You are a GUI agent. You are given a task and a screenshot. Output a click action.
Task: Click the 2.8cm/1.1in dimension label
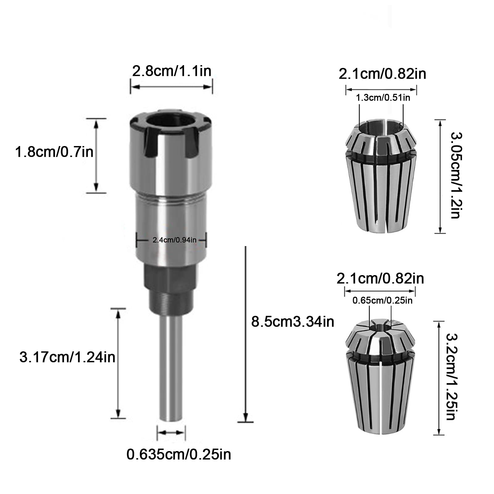(172, 71)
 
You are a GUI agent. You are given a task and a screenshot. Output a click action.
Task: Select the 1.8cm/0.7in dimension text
(54, 152)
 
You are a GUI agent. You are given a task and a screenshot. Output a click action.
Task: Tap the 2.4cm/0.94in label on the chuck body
(174, 240)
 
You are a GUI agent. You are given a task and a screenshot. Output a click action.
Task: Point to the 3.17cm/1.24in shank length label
(67, 358)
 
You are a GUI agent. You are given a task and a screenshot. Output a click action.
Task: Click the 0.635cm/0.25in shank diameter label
(179, 454)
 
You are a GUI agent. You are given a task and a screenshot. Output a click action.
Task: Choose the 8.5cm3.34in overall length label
(293, 322)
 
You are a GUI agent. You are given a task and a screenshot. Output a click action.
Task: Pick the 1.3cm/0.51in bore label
(383, 98)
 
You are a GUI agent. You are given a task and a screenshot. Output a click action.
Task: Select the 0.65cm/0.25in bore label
(383, 300)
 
